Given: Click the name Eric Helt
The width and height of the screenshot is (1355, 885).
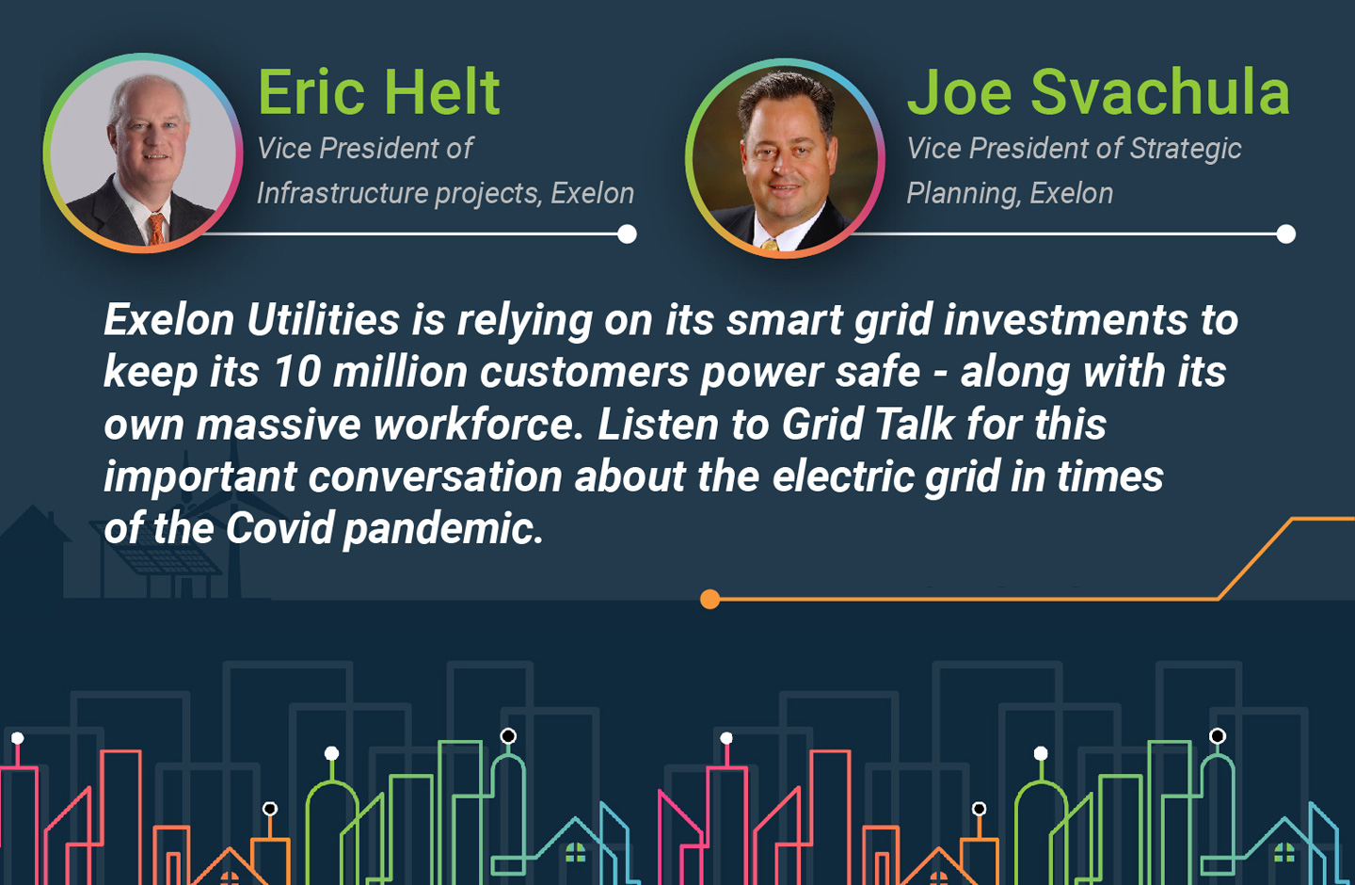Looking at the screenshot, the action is pyautogui.click(x=378, y=92).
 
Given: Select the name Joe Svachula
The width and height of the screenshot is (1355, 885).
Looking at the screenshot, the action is pyautogui.click(x=1098, y=92).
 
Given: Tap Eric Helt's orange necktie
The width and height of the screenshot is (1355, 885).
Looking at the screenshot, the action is pyautogui.click(x=156, y=228).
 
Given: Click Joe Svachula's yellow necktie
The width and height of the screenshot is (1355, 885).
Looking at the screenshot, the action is pyautogui.click(x=770, y=245).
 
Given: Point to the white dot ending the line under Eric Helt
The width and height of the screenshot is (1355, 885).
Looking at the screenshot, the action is pyautogui.click(x=627, y=233).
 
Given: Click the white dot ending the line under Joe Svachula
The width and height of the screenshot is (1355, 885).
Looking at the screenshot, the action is pyautogui.click(x=1285, y=233).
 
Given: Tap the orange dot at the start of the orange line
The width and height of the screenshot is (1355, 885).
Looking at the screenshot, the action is pyautogui.click(x=709, y=600).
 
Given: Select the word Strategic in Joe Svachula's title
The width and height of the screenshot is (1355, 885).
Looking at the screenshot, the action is pyautogui.click(x=1185, y=150).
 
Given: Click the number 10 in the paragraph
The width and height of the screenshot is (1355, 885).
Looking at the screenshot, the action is pyautogui.click(x=297, y=371).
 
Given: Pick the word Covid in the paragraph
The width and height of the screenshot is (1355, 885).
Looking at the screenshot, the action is pyautogui.click(x=280, y=528).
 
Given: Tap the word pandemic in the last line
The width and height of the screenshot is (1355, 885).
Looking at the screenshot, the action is pyautogui.click(x=442, y=529).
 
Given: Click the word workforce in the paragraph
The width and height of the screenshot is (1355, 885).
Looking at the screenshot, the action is pyautogui.click(x=477, y=424).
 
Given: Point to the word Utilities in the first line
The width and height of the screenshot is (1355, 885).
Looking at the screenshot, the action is pyautogui.click(x=323, y=319).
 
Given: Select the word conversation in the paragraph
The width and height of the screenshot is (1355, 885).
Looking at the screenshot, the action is pyautogui.click(x=435, y=476).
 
